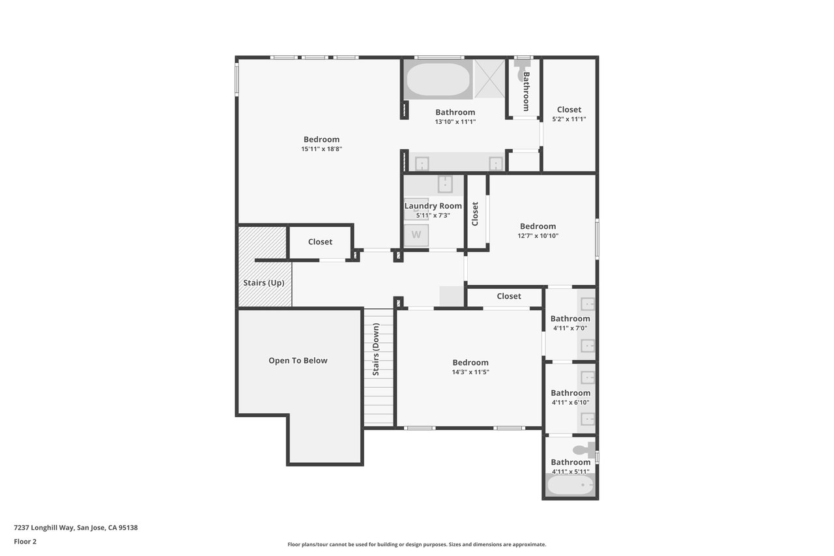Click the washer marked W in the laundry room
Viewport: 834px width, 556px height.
[416, 235]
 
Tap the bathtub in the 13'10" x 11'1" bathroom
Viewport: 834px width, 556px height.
[438, 80]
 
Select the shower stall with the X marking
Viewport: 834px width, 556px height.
[489, 79]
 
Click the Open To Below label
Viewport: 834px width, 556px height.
[298, 360]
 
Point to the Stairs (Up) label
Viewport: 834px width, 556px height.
[264, 283]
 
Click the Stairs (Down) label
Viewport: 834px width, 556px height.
[376, 349]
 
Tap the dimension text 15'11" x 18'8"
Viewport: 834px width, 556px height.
[322, 149]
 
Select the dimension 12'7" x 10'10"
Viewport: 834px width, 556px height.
[538, 236]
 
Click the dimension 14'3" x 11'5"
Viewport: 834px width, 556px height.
[470, 372]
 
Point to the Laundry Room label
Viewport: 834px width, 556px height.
[433, 206]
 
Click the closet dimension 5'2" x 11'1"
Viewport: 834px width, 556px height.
[569, 119]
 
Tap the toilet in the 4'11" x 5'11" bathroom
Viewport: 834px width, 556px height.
[584, 450]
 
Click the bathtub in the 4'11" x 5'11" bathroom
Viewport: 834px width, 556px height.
[570, 485]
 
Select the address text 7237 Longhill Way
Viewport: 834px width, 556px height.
[44, 528]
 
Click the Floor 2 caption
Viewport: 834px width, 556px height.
[25, 542]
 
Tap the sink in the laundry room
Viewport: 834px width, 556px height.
[445, 184]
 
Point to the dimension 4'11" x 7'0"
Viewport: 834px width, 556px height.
[570, 328]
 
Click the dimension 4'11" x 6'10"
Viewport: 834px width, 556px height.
[570, 402]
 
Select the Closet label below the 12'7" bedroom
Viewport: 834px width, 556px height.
[509, 296]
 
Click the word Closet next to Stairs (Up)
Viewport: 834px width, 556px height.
[320, 242]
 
